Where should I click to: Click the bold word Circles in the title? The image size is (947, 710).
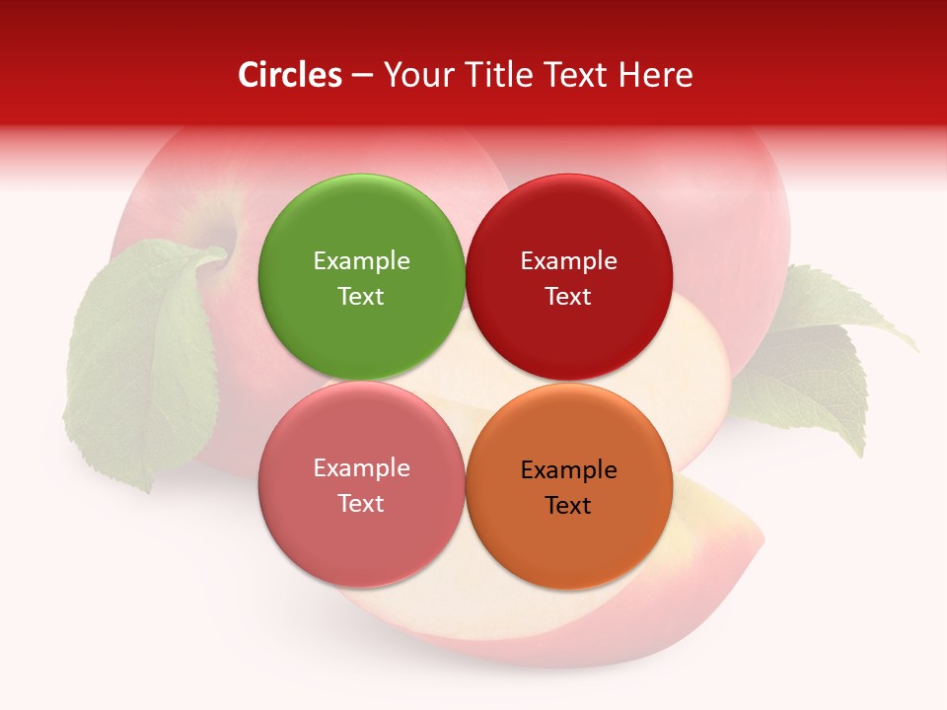(290, 75)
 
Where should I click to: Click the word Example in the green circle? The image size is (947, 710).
(361, 260)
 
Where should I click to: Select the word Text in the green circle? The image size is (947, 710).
(361, 296)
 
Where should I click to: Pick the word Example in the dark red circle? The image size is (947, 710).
(568, 260)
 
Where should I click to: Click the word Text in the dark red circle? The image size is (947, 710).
(568, 296)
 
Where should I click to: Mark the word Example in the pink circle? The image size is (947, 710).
(361, 467)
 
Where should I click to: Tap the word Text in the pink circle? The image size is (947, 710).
(361, 503)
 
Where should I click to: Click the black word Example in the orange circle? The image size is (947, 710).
(568, 469)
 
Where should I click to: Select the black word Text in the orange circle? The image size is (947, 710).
(568, 505)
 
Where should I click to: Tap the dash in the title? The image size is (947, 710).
(361, 75)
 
